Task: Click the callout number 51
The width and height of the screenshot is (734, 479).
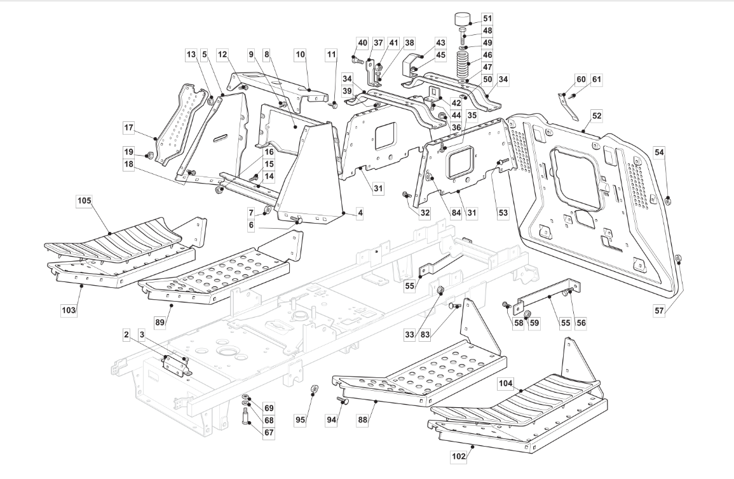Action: tap(487, 18)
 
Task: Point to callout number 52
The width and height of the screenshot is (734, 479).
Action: tap(597, 116)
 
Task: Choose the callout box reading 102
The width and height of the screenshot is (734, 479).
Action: tap(459, 456)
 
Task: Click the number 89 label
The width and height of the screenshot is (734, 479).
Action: tap(160, 322)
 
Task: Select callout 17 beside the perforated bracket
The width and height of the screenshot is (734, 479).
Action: tap(129, 127)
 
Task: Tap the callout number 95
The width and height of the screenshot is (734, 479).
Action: tap(301, 419)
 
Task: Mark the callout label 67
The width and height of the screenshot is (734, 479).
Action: tap(269, 433)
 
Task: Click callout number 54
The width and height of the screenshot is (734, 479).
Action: tap(659, 152)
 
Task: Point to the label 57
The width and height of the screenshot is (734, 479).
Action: tap(659, 310)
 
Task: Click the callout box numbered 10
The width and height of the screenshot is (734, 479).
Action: tap(300, 54)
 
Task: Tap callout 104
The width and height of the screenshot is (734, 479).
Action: tap(506, 384)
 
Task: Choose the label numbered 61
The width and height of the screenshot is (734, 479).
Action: tap(596, 79)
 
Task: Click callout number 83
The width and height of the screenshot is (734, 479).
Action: tap(425, 334)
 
